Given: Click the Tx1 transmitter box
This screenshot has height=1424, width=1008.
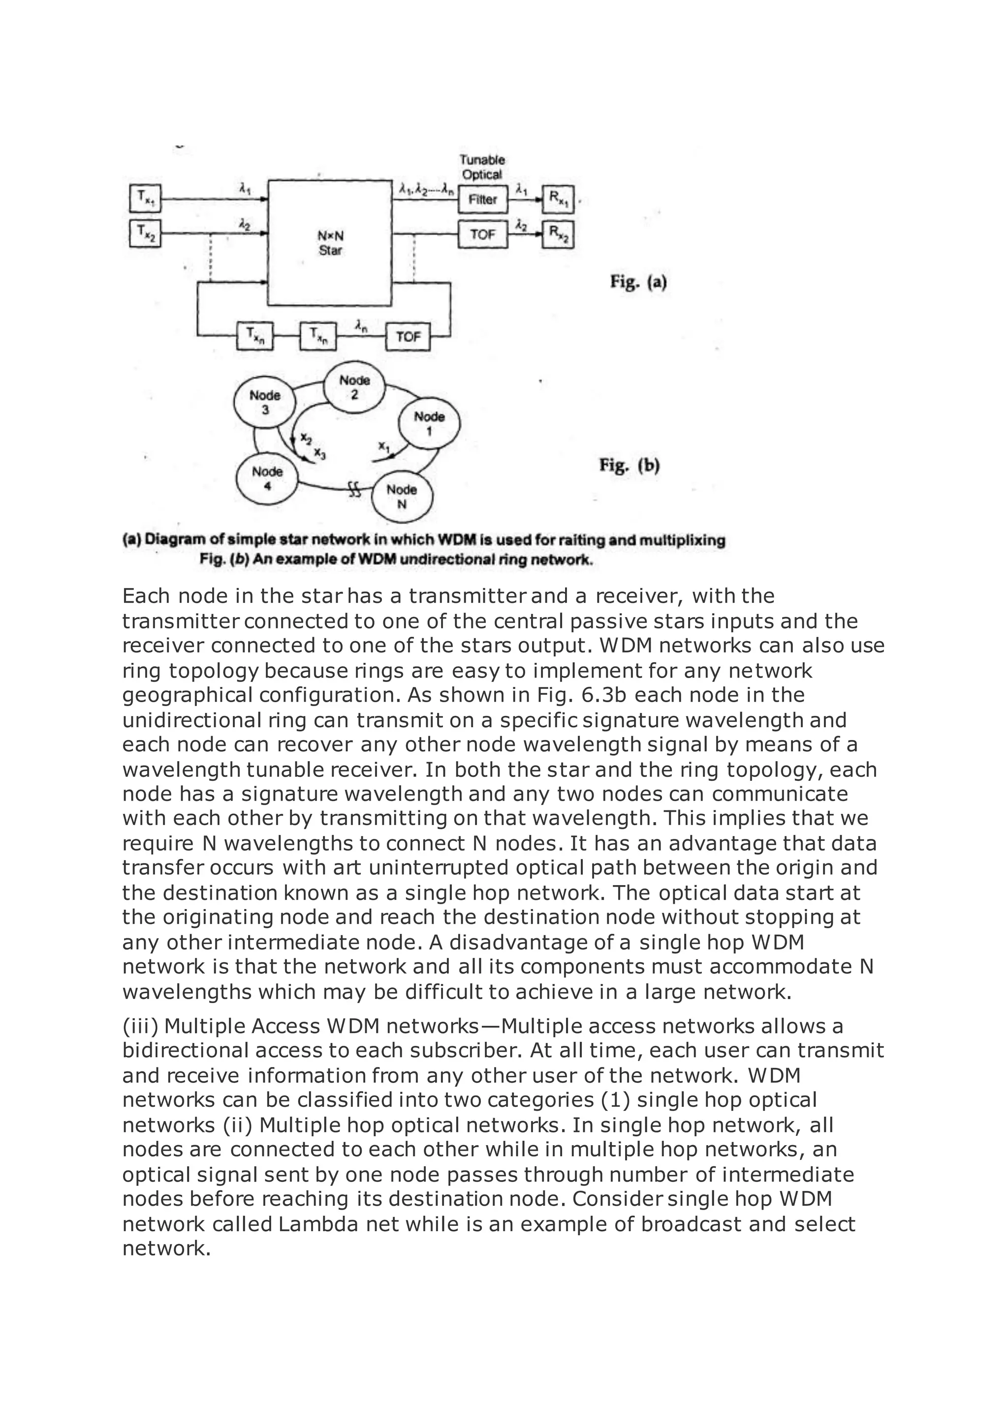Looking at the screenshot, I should (x=145, y=199).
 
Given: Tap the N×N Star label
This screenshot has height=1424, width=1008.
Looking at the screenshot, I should (x=330, y=243).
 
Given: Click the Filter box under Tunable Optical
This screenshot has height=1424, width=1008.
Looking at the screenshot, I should (x=482, y=200).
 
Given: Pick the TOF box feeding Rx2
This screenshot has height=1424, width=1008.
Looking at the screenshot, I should (x=482, y=235).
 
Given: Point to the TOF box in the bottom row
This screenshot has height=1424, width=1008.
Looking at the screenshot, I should (x=408, y=337).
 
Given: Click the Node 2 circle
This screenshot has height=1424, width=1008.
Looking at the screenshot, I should (x=354, y=387).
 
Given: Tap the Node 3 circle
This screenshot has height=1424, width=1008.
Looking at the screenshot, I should (x=264, y=402).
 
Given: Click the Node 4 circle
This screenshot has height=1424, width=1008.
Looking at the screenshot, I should (x=267, y=478).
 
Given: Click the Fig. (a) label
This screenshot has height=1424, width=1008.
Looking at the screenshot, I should (x=638, y=283).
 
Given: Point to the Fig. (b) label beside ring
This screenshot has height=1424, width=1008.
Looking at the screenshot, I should (x=629, y=465).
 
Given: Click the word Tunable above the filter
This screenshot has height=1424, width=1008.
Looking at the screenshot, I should (x=482, y=160).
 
